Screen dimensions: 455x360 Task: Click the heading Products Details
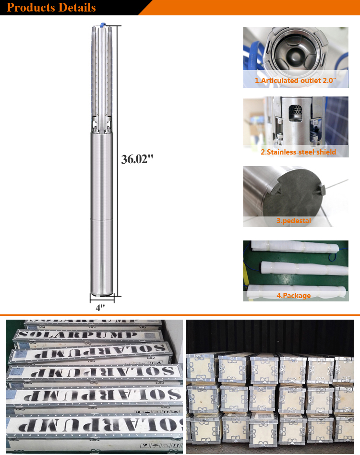coord(51,8)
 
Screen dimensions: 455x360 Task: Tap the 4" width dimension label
coord(100,308)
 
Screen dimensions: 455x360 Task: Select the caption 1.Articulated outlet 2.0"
coord(295,81)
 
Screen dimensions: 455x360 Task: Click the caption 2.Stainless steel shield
coord(298,152)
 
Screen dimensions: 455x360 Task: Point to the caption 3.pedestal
coord(293,221)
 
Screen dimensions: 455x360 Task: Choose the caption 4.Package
coord(293,296)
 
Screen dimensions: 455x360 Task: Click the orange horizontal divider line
coord(180,315)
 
